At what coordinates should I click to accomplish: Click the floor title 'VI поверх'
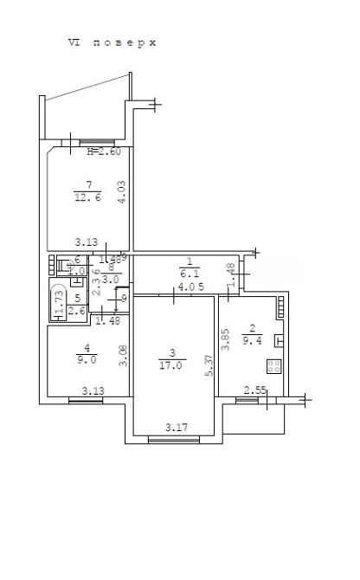tap(112, 42)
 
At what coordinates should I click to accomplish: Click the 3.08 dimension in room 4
tap(122, 355)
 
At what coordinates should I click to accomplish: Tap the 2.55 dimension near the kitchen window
tap(254, 390)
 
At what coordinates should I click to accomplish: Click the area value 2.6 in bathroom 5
tap(76, 311)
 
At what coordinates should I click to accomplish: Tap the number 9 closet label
tap(124, 300)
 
